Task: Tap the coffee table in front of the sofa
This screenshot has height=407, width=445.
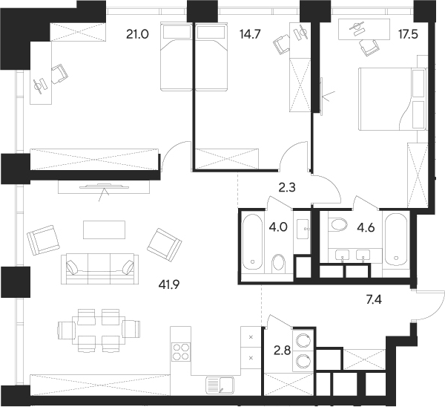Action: tap(100, 229)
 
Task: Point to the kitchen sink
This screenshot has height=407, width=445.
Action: tap(220, 385)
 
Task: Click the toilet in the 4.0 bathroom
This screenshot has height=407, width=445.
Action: tap(279, 263)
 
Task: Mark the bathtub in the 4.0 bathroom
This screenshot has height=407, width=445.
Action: tap(253, 243)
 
